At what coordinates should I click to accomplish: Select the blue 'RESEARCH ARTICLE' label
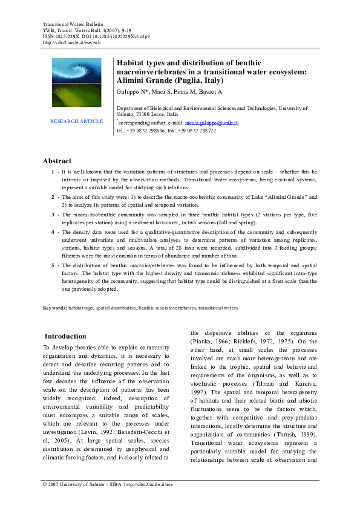(x=76, y=121)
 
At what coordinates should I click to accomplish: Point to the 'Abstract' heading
(x=57, y=161)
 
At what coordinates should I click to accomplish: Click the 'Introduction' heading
(x=67, y=336)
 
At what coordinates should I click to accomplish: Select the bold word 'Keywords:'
(x=55, y=308)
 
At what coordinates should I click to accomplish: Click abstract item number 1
(x=53, y=172)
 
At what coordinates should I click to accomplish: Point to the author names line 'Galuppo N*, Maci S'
(x=146, y=91)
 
